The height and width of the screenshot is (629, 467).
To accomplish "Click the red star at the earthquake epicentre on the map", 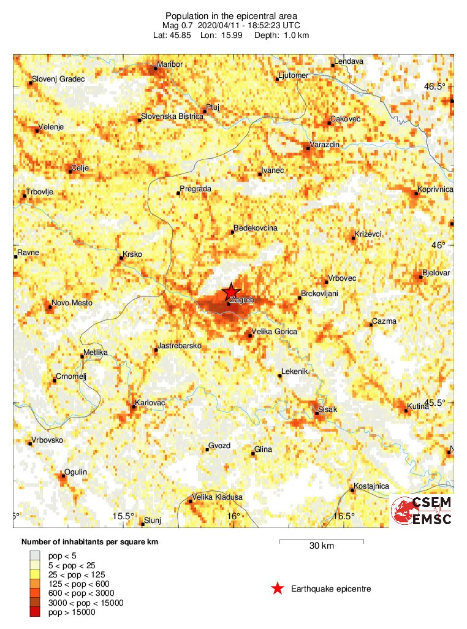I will coord(231,292).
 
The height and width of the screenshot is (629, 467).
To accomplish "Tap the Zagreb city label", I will coord(243,300).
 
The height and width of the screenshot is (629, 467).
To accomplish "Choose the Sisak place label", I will coord(328,410).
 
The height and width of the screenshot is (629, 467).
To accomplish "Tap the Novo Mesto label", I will coord(69,302).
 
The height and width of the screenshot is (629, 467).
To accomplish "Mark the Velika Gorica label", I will coord(275,332).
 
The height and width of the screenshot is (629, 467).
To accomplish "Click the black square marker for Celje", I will coord(70,171).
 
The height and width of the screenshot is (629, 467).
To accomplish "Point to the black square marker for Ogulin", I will coord(63,475).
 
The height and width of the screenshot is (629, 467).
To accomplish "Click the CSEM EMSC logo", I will coord(422,511).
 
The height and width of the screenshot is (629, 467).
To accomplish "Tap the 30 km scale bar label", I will coord(321,546).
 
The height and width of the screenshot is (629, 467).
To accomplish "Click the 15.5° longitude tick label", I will coord(124,516).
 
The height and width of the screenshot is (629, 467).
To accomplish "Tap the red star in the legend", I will coord(278,589).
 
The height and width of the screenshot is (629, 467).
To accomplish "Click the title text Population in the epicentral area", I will coord(231,15).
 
